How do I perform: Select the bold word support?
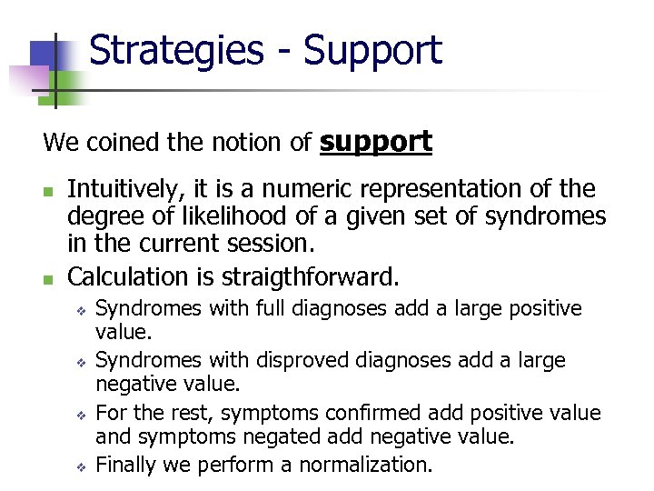[x=376, y=143]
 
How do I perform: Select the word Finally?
[x=125, y=465]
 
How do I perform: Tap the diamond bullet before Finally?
[x=80, y=466]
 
